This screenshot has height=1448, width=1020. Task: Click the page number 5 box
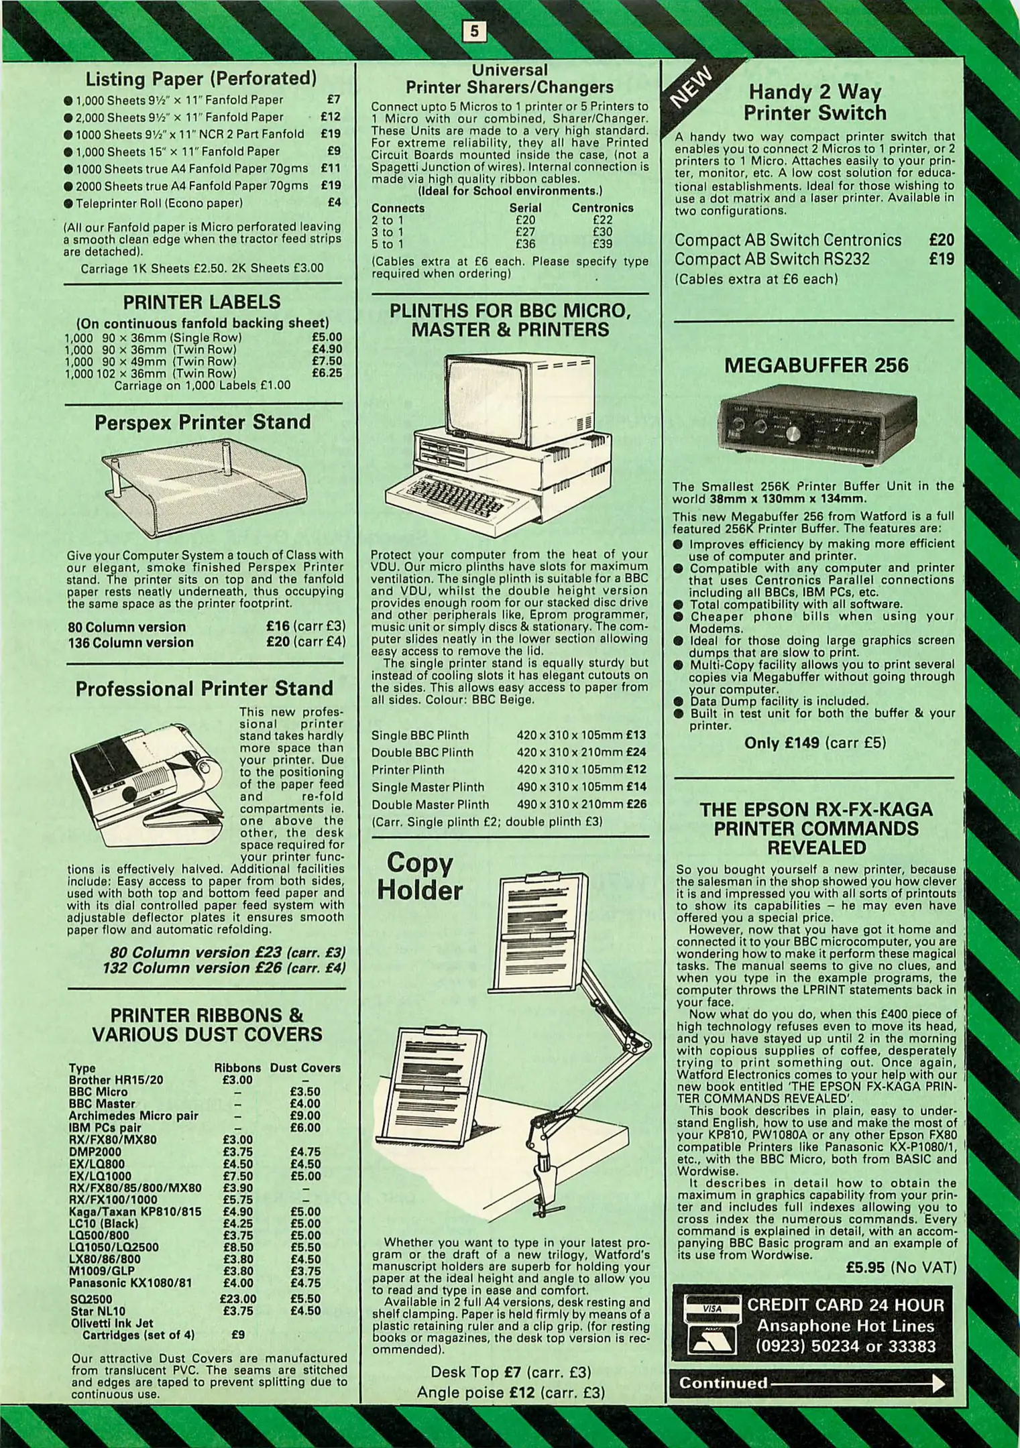475,31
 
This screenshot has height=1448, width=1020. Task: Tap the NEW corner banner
693,86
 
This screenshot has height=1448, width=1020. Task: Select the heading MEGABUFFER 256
816,365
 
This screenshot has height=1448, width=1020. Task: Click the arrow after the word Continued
859,1383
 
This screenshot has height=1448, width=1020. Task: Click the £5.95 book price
866,1267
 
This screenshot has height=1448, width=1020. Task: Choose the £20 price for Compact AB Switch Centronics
942,240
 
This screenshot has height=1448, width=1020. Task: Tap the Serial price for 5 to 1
525,245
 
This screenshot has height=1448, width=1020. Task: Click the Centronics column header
602,208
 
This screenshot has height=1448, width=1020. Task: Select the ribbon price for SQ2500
238,1299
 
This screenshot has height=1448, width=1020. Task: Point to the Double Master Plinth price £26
636,804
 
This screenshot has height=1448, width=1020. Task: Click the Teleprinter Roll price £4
334,202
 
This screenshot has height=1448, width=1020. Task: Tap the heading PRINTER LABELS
202,302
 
